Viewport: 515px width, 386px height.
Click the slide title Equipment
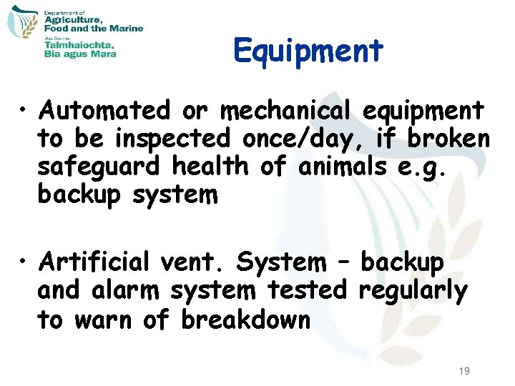(308, 51)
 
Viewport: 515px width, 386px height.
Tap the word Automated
(105, 112)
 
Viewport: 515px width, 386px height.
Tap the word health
(210, 167)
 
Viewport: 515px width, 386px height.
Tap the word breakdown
(245, 320)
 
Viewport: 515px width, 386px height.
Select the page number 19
(463, 370)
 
